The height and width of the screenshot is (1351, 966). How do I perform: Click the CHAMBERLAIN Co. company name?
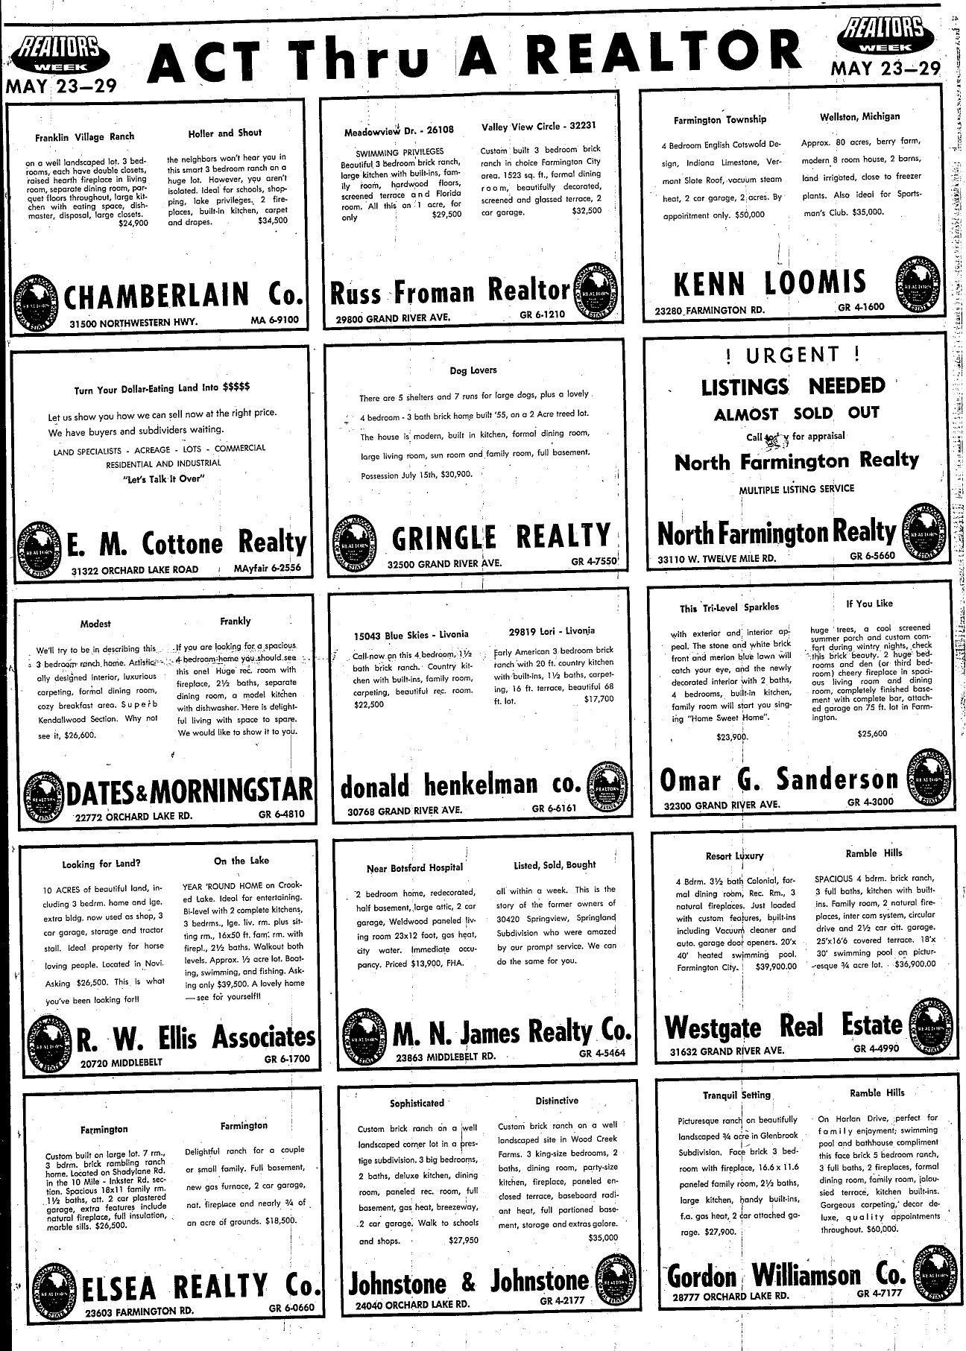point(183,296)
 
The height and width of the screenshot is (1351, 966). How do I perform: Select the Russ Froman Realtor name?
point(449,291)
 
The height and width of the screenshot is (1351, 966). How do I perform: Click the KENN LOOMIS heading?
point(770,283)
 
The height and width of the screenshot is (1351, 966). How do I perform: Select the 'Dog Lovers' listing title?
point(473,370)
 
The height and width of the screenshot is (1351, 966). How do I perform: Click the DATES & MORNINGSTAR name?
point(189,791)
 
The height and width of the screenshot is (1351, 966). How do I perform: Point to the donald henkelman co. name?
point(460,784)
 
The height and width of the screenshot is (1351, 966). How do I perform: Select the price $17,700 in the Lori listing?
point(599,699)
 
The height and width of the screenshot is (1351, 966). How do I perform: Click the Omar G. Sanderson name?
point(779,779)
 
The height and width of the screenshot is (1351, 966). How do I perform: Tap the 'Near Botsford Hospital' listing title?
point(414,868)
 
